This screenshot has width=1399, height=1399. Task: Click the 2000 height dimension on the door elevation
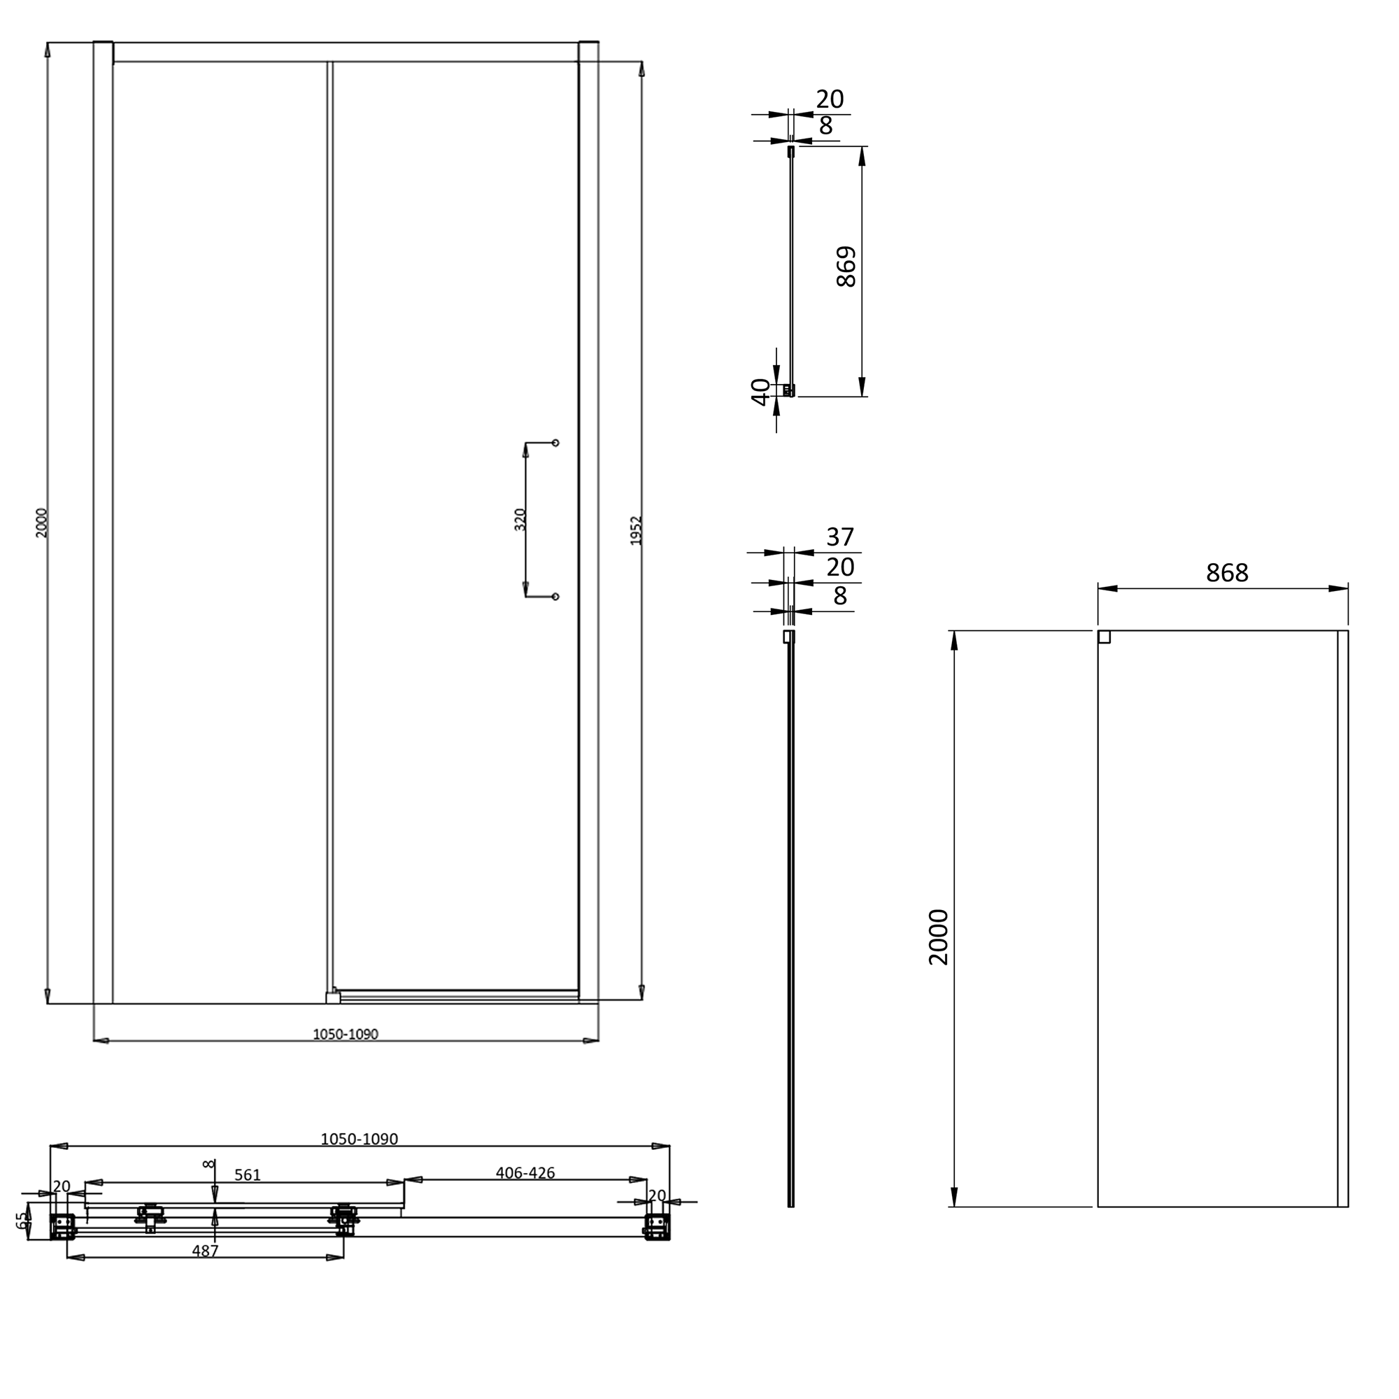(x=41, y=522)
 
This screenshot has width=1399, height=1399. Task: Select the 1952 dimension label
(x=636, y=530)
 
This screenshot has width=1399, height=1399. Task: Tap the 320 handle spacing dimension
(x=520, y=519)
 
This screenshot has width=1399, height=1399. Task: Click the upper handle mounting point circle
(x=555, y=443)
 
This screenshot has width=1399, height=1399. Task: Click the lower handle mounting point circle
(x=555, y=597)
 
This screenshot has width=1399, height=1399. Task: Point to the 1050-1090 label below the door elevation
(x=346, y=1034)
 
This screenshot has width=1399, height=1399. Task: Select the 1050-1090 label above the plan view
(x=359, y=1139)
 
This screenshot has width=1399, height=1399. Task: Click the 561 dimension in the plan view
(x=247, y=1175)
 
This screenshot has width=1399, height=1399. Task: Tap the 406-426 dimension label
(x=525, y=1172)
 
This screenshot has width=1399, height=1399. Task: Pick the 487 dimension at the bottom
(x=205, y=1251)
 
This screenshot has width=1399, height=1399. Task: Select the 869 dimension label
(x=846, y=267)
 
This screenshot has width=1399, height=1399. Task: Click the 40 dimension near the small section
(x=760, y=392)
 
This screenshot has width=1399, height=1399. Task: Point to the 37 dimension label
(x=840, y=537)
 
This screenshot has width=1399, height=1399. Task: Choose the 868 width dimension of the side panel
(x=1227, y=573)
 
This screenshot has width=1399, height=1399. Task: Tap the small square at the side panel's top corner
(x=1105, y=637)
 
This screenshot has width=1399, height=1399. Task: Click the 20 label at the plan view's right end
(x=656, y=1195)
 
